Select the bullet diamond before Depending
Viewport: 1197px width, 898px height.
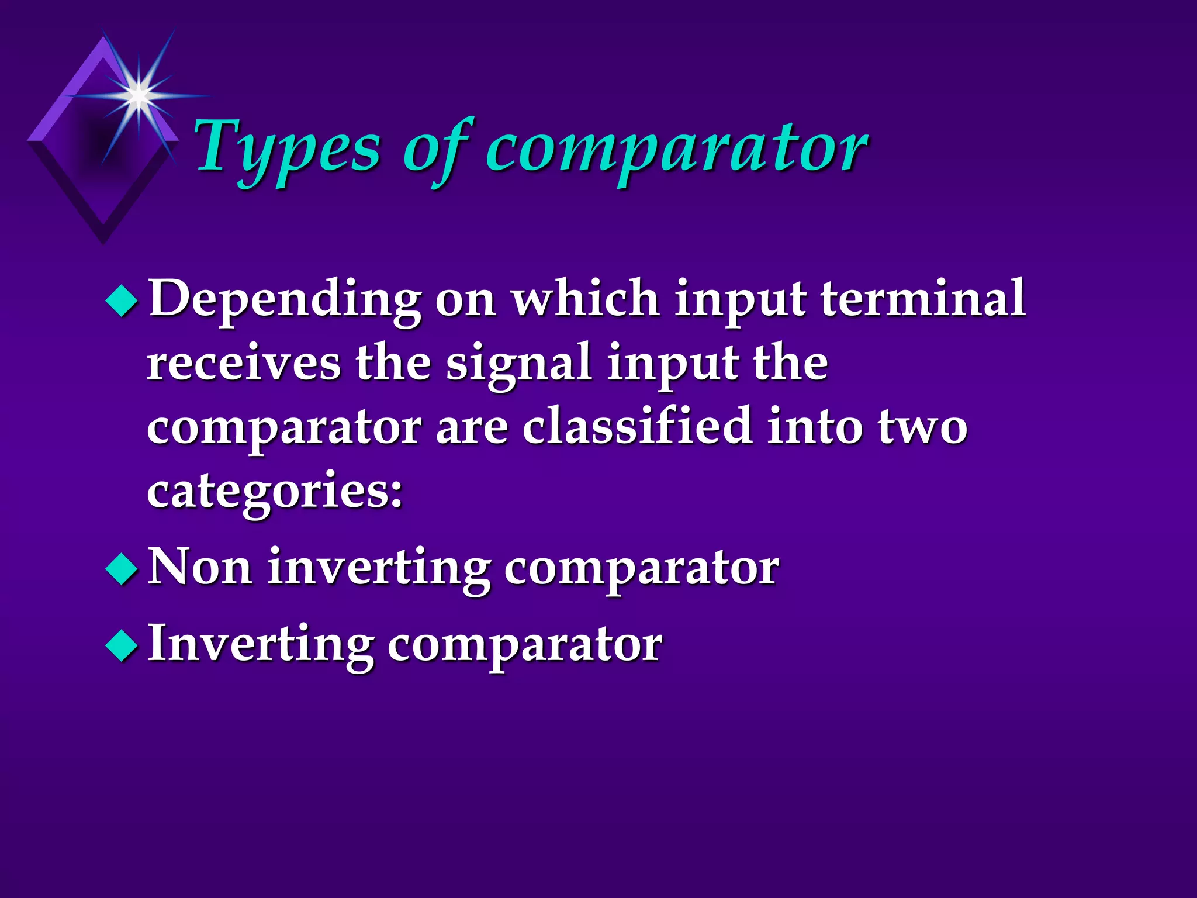[x=122, y=301]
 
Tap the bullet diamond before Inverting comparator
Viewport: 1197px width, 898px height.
[x=122, y=645]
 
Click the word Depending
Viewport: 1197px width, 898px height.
[x=285, y=299]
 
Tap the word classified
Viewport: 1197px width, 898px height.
[x=637, y=426]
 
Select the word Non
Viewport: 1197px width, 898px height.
[x=200, y=567]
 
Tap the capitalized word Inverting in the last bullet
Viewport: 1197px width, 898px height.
[x=261, y=645]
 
